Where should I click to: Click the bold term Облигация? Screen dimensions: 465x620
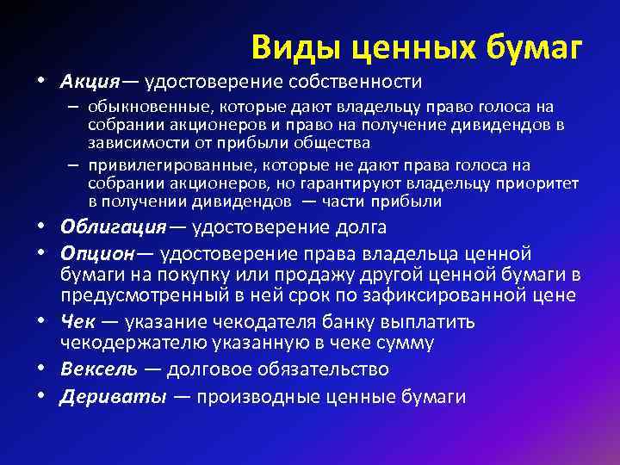point(112,227)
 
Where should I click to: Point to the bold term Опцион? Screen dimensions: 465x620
point(96,254)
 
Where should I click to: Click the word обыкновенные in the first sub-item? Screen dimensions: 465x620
point(142,107)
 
